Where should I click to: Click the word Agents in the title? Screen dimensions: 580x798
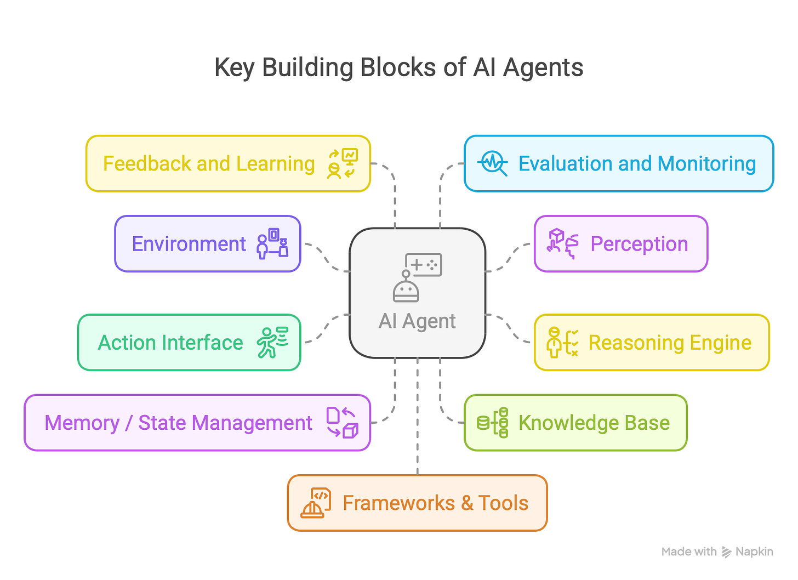coord(543,68)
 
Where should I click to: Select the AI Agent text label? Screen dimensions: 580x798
coord(417,321)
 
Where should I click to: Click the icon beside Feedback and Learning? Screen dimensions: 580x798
coord(343,163)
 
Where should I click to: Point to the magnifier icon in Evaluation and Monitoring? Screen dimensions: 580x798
coord(492,163)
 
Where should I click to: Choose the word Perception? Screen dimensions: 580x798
coord(639,244)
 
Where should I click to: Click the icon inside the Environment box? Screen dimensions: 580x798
coord(272,244)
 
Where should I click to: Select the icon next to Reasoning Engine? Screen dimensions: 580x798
coord(562,343)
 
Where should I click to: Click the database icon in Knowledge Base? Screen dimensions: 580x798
coord(493,423)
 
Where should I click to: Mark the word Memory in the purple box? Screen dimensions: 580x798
coord(82,423)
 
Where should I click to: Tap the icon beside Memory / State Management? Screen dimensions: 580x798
coord(342,423)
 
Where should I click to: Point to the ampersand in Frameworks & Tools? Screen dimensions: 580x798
coord(467,503)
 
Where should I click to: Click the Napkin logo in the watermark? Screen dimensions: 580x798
coord(727,552)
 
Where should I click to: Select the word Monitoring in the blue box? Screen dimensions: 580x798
coord(706,164)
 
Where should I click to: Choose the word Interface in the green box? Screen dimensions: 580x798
coord(207,343)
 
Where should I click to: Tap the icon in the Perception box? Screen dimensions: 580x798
coord(563,244)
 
